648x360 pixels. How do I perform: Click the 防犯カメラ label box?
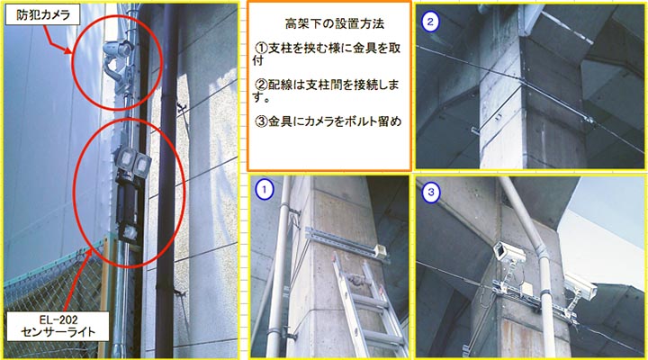tap(42, 15)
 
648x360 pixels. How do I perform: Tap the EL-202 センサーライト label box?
tap(58, 326)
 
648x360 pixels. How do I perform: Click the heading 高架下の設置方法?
tap(334, 23)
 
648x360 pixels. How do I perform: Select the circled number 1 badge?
tap(265, 190)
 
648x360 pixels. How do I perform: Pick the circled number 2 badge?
tap(430, 22)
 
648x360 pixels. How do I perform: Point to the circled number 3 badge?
tap(431, 193)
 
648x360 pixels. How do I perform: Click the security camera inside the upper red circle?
tap(117, 62)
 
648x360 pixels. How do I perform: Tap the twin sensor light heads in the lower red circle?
tap(132, 163)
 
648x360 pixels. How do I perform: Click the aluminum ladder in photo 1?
tap(364, 306)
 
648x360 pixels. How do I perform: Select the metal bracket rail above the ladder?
tap(347, 244)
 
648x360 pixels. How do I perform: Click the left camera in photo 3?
tap(509, 252)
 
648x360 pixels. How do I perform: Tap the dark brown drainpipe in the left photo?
tap(166, 182)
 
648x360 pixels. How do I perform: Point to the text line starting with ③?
tap(328, 121)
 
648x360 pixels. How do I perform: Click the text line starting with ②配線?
tap(327, 91)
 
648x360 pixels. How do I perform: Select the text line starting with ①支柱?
tap(327, 54)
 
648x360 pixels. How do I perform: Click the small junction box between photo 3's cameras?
tap(526, 289)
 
